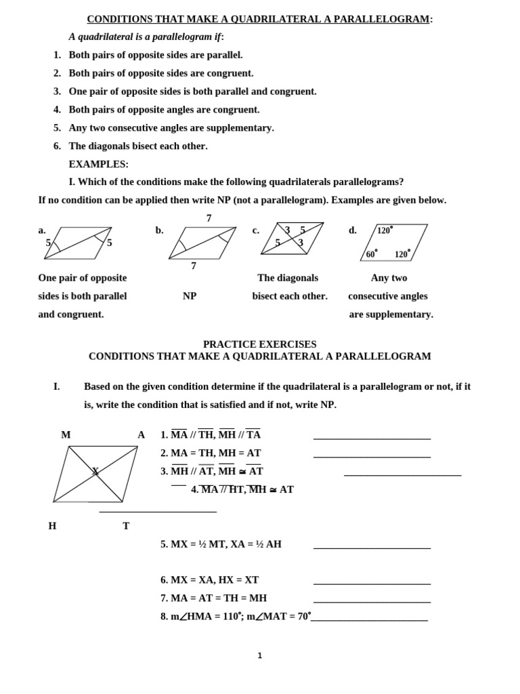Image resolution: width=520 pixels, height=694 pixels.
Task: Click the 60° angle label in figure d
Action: tap(372, 254)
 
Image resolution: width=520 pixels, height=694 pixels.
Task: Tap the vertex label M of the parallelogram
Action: tap(66, 435)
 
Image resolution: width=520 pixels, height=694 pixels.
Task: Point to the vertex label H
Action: tap(52, 526)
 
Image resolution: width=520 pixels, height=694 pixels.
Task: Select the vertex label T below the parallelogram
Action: tap(126, 526)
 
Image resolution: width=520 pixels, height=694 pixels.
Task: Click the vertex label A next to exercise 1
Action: tap(141, 435)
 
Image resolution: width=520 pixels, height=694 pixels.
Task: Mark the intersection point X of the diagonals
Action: tap(95, 470)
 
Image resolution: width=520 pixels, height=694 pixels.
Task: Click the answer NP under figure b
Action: tap(190, 296)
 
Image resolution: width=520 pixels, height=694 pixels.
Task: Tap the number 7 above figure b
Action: tap(209, 218)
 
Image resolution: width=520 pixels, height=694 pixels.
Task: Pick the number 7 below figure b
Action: tap(194, 266)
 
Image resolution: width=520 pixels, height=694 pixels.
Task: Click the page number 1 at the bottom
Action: tap(259, 655)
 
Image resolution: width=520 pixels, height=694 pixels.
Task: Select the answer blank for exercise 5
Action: tap(372, 548)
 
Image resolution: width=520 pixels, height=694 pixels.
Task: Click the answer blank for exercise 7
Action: tap(372, 602)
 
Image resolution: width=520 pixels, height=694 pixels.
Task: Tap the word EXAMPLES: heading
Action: tap(98, 164)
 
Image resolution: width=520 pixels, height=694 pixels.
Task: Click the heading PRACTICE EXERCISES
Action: tap(259, 344)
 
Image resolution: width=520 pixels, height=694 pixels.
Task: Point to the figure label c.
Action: tap(256, 230)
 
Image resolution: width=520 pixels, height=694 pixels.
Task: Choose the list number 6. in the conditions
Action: tap(58, 146)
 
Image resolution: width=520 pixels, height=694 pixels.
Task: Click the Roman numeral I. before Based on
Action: tap(56, 386)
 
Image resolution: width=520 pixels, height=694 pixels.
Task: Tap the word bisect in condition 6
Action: tap(152, 146)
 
